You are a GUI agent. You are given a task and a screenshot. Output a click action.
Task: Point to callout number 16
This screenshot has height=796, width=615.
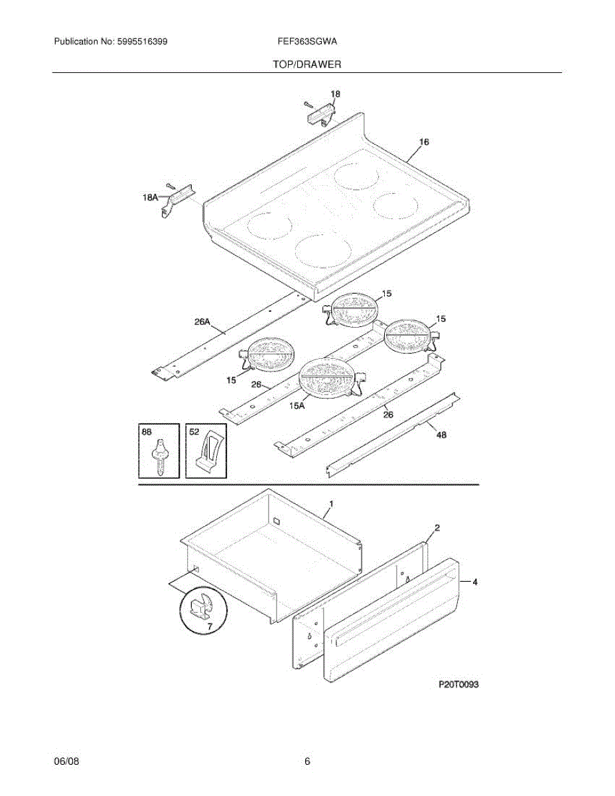click(424, 142)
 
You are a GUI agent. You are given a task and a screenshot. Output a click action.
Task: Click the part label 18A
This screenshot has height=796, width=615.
click(150, 197)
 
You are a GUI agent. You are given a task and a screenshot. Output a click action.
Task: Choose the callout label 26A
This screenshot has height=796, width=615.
click(202, 322)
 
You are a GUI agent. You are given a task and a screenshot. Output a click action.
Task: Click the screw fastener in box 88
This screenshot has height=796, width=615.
click(160, 456)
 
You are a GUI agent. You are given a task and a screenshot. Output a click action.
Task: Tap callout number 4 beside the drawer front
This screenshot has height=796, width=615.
click(474, 582)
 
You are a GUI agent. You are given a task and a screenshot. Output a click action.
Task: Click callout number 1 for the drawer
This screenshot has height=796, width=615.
click(331, 504)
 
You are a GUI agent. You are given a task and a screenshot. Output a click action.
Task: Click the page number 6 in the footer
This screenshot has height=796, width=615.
click(307, 762)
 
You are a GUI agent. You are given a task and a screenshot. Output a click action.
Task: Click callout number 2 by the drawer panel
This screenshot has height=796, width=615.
click(437, 528)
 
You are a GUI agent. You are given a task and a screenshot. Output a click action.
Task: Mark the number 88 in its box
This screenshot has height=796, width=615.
click(147, 431)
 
